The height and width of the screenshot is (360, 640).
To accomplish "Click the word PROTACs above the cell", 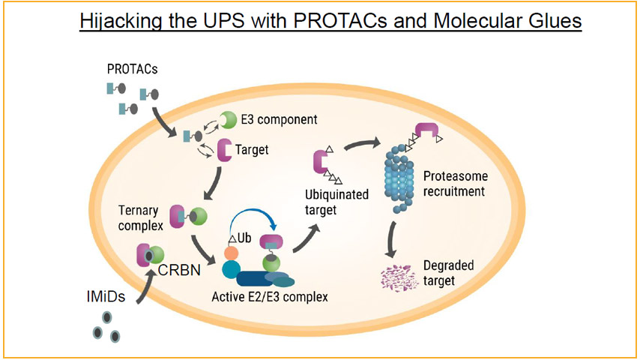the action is point(132,69).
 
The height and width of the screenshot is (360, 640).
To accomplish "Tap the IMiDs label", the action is point(106,296).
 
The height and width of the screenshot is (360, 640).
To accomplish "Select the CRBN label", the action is point(179,270).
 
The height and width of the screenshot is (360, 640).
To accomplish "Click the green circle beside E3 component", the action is point(228,120).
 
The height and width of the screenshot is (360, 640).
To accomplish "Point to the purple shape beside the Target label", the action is point(223,150).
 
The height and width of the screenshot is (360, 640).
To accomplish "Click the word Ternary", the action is point(138,211).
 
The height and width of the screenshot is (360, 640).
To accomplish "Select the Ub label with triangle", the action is point(240,238).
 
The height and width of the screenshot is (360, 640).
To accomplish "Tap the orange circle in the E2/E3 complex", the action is point(231,253).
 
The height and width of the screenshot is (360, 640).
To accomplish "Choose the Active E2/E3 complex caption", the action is point(270,297).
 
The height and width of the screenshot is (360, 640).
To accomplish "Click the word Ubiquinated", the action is point(336,194).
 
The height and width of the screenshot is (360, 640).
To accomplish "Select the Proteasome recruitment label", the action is point(455,184).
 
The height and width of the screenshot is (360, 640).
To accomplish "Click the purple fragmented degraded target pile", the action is point(399,277).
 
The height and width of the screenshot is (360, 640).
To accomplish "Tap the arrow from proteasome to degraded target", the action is point(391,239).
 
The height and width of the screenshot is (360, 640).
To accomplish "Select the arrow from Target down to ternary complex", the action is point(214,184).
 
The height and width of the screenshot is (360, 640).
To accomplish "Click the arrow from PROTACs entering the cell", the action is point(163,123).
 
